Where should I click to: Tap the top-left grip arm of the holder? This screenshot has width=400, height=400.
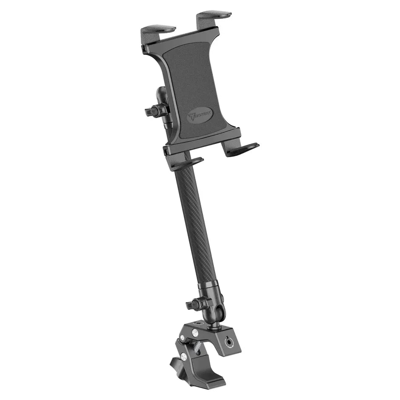[x=158, y=30]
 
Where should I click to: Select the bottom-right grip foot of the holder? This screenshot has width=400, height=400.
[x=242, y=149]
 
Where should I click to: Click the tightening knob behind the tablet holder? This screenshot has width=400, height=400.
[x=154, y=111]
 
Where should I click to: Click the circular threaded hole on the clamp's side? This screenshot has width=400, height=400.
[x=230, y=341]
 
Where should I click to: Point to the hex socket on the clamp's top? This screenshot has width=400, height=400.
[x=200, y=330]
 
